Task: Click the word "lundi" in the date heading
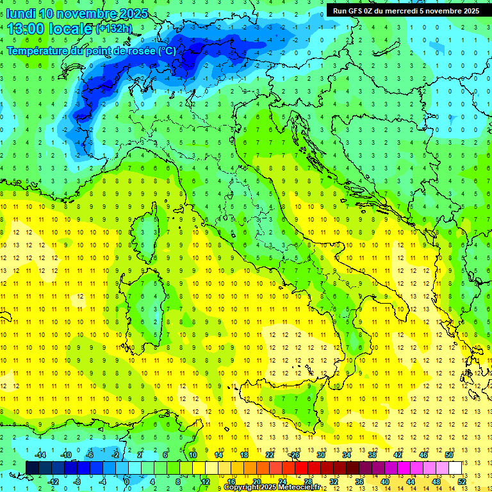coord(20,13)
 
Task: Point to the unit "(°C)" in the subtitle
coord(167,51)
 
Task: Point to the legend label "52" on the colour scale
coord(462,481)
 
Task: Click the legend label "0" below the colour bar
coord(127,481)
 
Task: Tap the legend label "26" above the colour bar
coord(295,454)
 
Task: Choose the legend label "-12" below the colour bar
coord(54,481)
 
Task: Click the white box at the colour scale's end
coord(455,468)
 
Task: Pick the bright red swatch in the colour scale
coord(301,468)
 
